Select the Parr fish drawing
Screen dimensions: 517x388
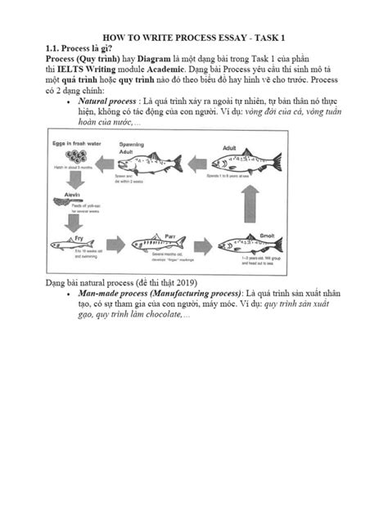(x=165, y=243)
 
